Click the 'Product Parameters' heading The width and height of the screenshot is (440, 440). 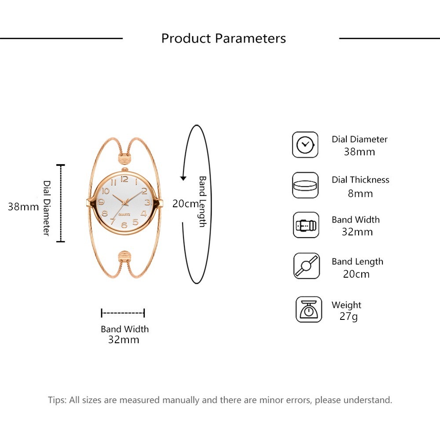(x=224, y=38)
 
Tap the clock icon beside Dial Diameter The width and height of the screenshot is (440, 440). (x=305, y=145)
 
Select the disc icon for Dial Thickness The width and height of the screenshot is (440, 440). (x=305, y=185)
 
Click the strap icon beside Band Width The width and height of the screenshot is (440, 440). (x=306, y=225)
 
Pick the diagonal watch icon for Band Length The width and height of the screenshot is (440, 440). (x=306, y=265)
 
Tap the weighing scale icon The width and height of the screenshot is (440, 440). (x=309, y=309)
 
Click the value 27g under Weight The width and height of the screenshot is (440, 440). (x=348, y=316)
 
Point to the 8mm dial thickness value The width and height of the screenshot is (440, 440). (x=360, y=194)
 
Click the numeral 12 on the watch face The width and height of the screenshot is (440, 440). (x=125, y=179)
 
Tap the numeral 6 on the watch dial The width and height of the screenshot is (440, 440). (x=124, y=225)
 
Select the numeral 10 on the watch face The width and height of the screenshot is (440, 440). (x=106, y=191)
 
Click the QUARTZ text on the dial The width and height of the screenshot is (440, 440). (x=125, y=215)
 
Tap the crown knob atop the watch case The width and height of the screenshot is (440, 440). (x=125, y=169)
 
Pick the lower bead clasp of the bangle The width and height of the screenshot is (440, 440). (x=125, y=257)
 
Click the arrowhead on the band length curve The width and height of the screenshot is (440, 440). (x=183, y=178)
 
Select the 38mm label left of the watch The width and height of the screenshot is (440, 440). (x=23, y=207)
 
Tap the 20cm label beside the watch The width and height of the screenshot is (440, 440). (x=186, y=204)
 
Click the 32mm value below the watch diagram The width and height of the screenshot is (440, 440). (x=124, y=340)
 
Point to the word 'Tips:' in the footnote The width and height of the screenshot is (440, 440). (x=57, y=400)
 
